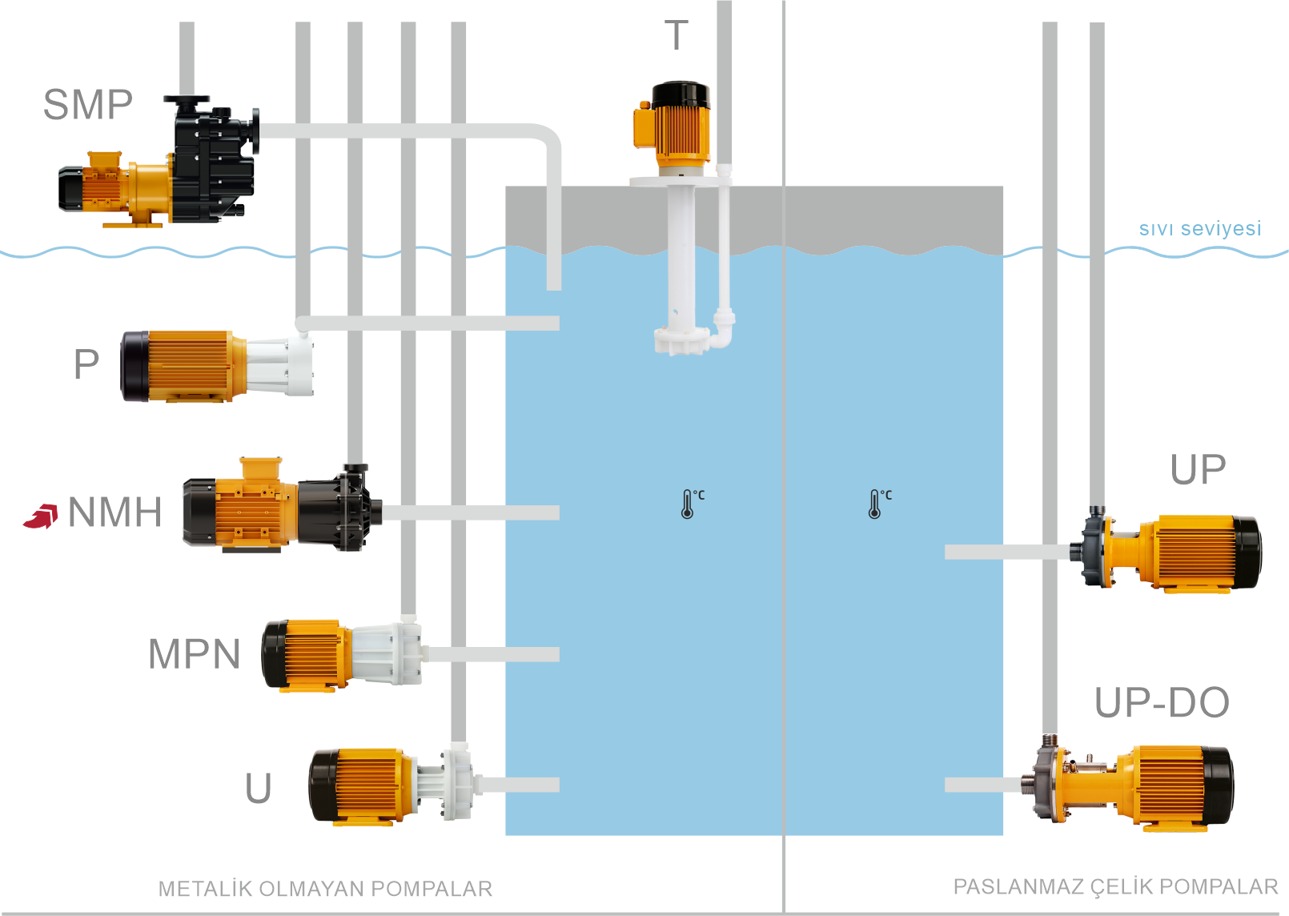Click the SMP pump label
(x=87, y=105)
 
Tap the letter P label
(x=86, y=364)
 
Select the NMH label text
(x=115, y=512)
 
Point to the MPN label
(x=194, y=654)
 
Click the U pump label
(x=258, y=788)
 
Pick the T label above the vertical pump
(x=677, y=35)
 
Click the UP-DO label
(x=1162, y=703)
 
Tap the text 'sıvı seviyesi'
(x=1199, y=228)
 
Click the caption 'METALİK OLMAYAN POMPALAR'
(x=325, y=889)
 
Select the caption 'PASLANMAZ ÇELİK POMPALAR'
(x=1115, y=887)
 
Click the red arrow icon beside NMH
(x=41, y=516)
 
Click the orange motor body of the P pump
(x=188, y=365)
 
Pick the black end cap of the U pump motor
(x=322, y=785)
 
